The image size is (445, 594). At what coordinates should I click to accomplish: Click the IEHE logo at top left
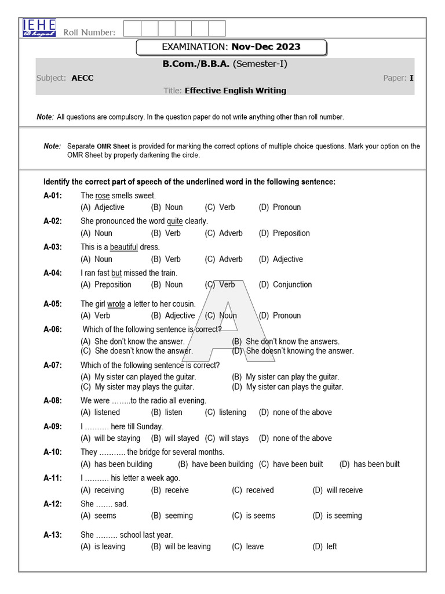pos(39,28)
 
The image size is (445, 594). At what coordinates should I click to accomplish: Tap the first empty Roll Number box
pos(133,28)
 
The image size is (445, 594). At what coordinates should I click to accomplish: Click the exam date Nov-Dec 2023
pos(266,47)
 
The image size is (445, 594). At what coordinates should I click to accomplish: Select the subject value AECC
pos(82,78)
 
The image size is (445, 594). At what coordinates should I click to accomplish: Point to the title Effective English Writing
pos(235,90)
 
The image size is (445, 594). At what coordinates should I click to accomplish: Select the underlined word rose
pos(103,195)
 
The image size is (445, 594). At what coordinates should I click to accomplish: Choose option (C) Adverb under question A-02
pos(224,233)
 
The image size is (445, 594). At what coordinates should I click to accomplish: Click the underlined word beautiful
pos(124,247)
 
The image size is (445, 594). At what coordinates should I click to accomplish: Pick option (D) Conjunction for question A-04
pos(285,285)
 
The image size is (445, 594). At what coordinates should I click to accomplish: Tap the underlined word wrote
pos(116,304)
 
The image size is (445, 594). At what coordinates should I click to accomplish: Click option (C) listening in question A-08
pos(225,412)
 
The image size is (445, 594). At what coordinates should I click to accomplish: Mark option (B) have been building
pos(216,464)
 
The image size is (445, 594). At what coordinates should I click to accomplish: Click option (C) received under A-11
pos(253,490)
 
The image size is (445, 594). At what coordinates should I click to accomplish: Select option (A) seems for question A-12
pos(99,516)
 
